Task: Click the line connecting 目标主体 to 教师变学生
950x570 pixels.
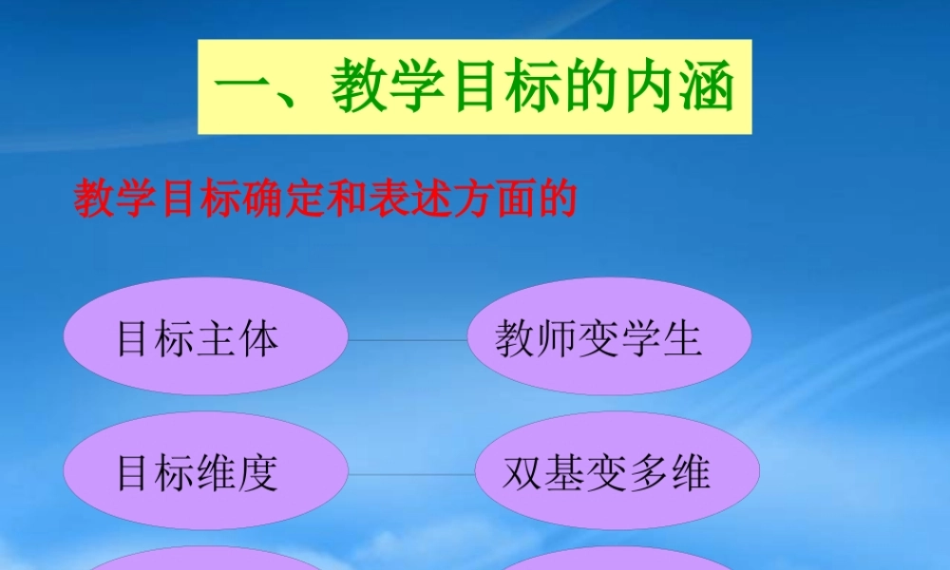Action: click(408, 339)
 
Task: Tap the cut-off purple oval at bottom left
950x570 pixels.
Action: click(204, 560)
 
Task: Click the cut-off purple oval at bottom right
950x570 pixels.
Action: click(617, 560)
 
